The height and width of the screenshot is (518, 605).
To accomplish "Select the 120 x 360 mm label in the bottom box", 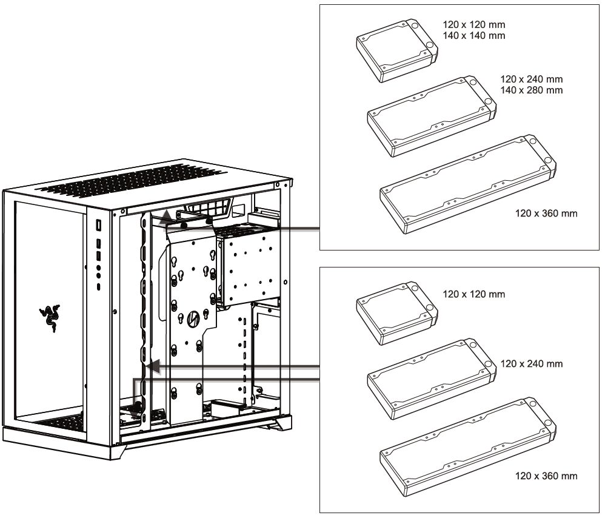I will (543, 476).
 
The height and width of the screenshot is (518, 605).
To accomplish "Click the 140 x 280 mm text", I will (532, 90).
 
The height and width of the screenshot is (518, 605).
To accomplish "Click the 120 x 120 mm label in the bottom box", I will (473, 294).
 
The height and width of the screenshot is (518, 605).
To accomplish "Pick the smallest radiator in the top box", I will (396, 50).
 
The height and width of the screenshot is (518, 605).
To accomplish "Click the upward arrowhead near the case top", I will (165, 217).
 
